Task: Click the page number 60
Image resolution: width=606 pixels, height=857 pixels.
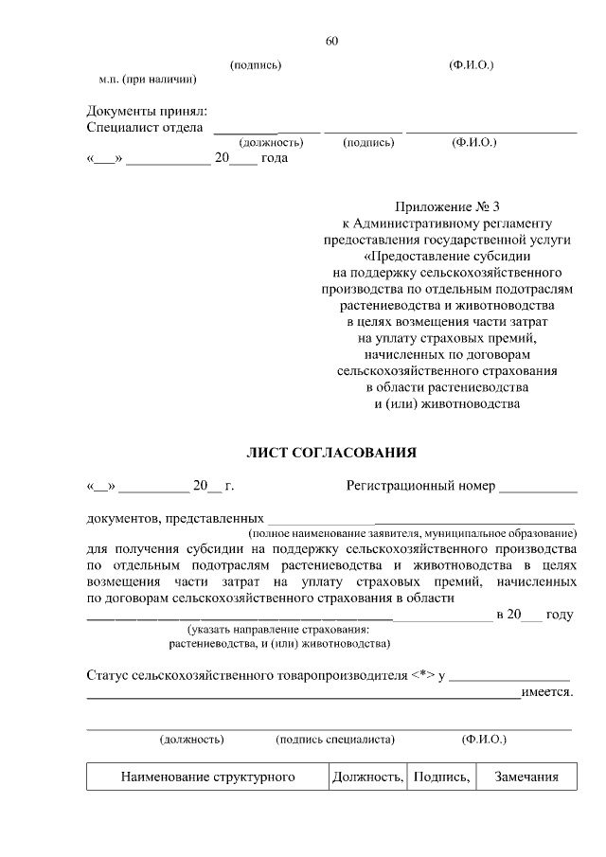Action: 330,41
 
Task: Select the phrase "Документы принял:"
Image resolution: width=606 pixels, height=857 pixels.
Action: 147,111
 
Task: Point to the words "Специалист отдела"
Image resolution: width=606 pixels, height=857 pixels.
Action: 145,128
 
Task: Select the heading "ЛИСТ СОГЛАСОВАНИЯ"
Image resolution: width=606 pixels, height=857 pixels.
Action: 330,453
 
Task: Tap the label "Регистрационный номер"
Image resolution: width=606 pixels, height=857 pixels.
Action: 420,487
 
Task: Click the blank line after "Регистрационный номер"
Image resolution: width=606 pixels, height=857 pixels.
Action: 538,489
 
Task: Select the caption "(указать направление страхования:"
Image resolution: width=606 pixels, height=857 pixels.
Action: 278,630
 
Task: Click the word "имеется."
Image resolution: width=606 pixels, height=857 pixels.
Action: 549,692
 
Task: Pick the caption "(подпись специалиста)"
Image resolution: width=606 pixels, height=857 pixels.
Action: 335,739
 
